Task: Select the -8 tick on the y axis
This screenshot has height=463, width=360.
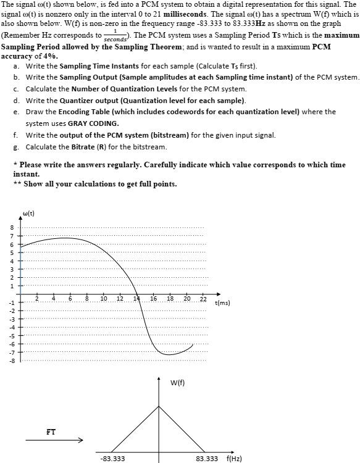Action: pos(10,361)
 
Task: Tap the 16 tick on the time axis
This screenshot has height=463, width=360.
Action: pos(153,299)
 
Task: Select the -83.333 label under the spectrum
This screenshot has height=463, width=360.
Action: pos(112,459)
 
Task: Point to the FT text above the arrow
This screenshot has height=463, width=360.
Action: pos(52,430)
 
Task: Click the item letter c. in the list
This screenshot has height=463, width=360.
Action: pos(15,89)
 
